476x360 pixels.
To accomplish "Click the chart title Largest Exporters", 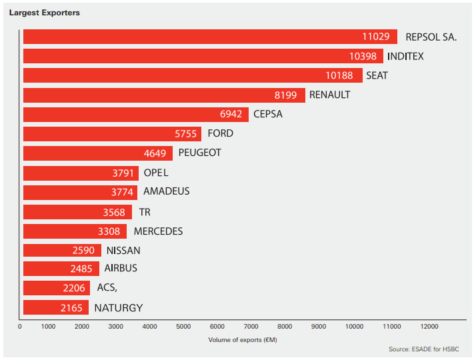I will (44, 13).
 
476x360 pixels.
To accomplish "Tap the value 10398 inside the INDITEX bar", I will (363, 56).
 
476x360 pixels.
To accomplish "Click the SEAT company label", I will (377, 75).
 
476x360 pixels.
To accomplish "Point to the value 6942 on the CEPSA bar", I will (231, 114).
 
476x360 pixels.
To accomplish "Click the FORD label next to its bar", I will (221, 133).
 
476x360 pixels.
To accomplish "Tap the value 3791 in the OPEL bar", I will (126, 173).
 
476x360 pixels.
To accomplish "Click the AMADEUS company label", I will (167, 191).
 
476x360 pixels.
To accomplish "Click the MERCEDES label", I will (158, 231).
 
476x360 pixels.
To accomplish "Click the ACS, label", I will (107, 288).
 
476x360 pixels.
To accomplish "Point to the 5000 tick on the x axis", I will (184, 327).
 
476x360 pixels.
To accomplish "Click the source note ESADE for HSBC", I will (425, 349).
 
